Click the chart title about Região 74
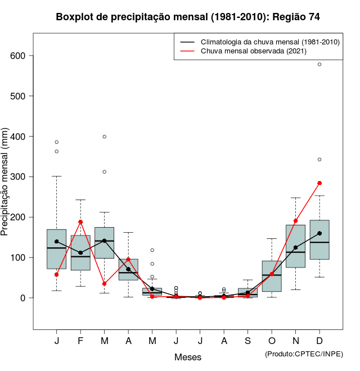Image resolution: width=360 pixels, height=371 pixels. (188, 17)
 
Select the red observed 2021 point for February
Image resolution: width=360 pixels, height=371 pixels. (80, 222)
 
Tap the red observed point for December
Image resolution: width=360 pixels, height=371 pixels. (319, 183)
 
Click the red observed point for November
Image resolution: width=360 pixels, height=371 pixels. (295, 221)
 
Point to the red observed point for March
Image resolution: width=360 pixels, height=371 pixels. (105, 284)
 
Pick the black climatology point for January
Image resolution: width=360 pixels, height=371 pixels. (56, 242)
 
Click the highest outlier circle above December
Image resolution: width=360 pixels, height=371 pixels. (319, 65)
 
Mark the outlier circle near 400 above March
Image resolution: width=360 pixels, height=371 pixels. (105, 137)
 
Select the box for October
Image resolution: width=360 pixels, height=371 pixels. (272, 276)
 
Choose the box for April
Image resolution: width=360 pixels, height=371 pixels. (128, 269)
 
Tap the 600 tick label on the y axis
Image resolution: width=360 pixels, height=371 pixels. (19, 56)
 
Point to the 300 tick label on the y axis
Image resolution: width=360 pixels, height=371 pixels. (19, 177)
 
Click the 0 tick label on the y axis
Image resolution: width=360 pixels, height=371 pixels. (24, 298)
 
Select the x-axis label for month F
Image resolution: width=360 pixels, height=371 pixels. (80, 341)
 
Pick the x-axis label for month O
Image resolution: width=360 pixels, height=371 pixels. (272, 341)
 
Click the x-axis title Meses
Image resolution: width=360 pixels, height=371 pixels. (188, 357)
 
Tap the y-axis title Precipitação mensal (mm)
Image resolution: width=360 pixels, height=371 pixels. (6, 189)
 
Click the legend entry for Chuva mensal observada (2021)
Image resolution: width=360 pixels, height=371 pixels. (259, 51)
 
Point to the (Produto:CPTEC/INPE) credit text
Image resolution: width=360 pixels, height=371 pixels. (304, 354)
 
